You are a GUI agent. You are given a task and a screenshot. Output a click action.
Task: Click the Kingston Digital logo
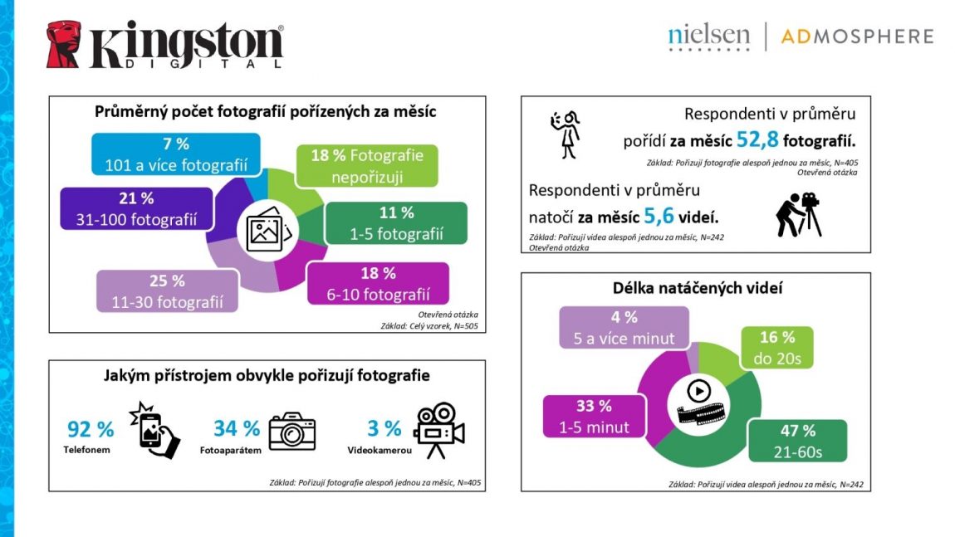tap(164, 45)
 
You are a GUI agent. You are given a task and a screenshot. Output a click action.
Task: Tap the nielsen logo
tap(708, 37)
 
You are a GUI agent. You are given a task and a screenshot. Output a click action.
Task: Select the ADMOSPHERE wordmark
tap(857, 37)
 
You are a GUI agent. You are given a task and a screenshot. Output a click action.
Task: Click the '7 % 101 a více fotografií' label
tap(176, 154)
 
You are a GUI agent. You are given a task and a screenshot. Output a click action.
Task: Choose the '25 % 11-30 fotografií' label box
tap(167, 290)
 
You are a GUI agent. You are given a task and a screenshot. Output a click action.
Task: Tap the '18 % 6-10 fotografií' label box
tap(378, 283)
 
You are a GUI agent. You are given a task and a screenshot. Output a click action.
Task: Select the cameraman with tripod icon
tap(797, 214)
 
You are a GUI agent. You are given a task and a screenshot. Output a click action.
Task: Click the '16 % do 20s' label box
tap(776, 348)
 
